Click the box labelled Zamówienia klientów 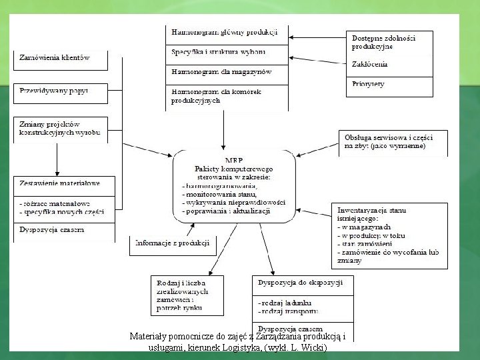[54, 58]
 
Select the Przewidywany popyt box [54, 89]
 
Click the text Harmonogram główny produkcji [224, 32]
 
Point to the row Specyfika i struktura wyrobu [219, 52]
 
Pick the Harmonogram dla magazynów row [221, 71]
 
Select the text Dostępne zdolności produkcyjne [383, 43]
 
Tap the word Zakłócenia [370, 65]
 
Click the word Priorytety [369, 84]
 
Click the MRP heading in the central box [234, 161]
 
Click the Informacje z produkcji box [173, 243]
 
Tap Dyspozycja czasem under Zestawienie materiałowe [51, 230]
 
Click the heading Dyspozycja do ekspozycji [300, 283]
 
